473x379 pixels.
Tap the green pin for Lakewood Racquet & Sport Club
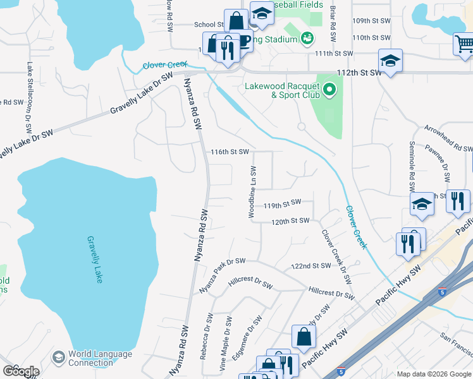pyautogui.click(x=329, y=90)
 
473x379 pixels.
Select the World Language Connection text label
pyautogui.click(x=91, y=358)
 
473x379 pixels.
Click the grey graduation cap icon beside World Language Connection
pyautogui.click(x=59, y=358)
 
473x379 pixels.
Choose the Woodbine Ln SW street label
pyautogui.click(x=252, y=193)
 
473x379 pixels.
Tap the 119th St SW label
pyautogui.click(x=283, y=205)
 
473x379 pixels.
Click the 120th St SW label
pyautogui.click(x=290, y=220)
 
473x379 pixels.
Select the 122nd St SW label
pyautogui.click(x=310, y=266)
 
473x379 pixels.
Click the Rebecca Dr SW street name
pyautogui.click(x=207, y=336)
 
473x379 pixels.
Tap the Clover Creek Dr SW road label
pyautogui.click(x=336, y=256)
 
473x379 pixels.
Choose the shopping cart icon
pyautogui.click(x=464, y=43)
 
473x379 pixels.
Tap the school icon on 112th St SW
pyautogui.click(x=390, y=61)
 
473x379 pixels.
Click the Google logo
pyautogui.click(x=20, y=371)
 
